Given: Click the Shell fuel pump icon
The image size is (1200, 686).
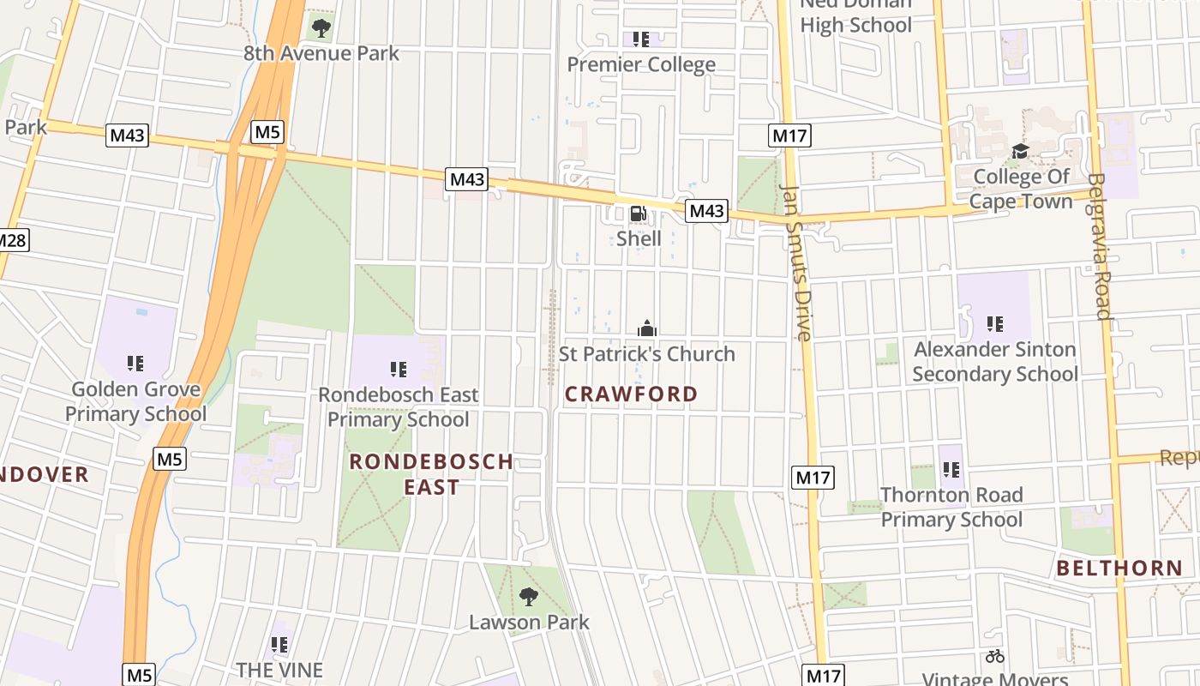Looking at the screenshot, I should pyautogui.click(x=638, y=214).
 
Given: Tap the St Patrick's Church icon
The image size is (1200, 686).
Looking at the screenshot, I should pyautogui.click(x=647, y=328).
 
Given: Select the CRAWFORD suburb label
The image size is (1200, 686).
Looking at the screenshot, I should pyautogui.click(x=632, y=394).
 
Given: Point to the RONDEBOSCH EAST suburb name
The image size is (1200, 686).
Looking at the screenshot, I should pyautogui.click(x=432, y=474).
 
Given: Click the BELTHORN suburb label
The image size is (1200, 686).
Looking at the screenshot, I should pyautogui.click(x=1119, y=568).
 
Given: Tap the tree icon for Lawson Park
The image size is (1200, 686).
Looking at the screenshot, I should pyautogui.click(x=529, y=596).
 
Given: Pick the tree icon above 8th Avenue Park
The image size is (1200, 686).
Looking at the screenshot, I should pyautogui.click(x=321, y=28).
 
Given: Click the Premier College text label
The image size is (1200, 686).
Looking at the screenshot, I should pyautogui.click(x=641, y=64).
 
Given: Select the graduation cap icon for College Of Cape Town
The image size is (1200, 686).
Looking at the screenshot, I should pyautogui.click(x=1020, y=152).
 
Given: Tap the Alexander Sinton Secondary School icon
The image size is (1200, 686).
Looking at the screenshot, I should pyautogui.click(x=994, y=324).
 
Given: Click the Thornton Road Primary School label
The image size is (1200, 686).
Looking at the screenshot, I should pyautogui.click(x=951, y=507).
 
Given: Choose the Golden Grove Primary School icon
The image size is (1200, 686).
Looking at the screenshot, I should pyautogui.click(x=135, y=364).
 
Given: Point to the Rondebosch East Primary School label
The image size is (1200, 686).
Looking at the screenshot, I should pyautogui.click(x=399, y=407).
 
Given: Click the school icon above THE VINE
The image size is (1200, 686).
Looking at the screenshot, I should pyautogui.click(x=279, y=644).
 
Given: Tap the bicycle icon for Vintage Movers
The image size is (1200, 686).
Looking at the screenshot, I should pyautogui.click(x=994, y=657).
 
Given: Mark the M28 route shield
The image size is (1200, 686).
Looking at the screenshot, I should pyautogui.click(x=10, y=240).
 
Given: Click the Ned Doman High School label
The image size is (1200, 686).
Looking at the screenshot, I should pyautogui.click(x=855, y=15).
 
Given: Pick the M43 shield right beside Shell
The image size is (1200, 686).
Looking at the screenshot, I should pyautogui.click(x=706, y=211).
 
